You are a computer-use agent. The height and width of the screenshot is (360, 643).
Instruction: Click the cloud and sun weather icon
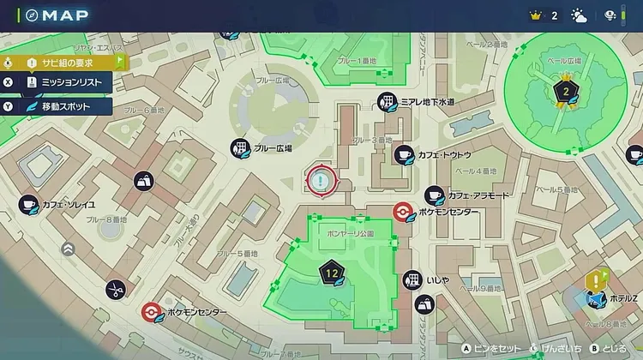click(580, 15)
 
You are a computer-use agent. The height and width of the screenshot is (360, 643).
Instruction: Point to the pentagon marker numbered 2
click(565, 91)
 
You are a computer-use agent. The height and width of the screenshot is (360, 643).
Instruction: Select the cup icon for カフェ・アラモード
click(434, 195)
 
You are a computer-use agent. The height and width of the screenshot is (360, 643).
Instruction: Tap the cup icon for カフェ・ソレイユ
click(28, 203)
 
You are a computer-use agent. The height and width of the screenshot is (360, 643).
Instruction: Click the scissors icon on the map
click(116, 289)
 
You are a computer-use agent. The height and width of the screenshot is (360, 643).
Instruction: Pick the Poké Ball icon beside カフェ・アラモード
click(402, 212)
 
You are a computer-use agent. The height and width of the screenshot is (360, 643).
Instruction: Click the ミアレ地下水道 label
click(428, 102)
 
